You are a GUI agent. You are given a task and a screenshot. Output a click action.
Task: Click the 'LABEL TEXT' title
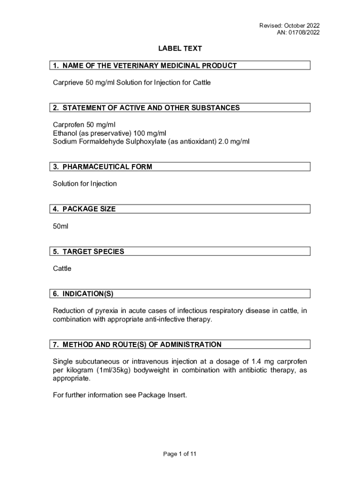click(180, 49)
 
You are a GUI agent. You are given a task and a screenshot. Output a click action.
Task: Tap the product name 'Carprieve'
click(68, 83)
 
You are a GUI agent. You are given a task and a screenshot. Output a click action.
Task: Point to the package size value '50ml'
click(60, 226)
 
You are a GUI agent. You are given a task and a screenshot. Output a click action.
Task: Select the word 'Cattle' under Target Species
click(62, 269)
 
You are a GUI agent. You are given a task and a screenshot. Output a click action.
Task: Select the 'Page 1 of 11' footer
click(180, 454)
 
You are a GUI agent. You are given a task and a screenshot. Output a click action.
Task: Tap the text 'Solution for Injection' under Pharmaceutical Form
click(85, 184)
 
